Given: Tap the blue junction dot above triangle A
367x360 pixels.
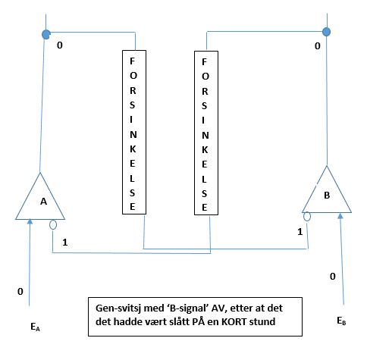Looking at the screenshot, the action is pos(46,34).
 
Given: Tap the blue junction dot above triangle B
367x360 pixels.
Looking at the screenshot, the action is pos(327,32).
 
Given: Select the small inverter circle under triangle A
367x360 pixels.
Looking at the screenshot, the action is pos(53,224).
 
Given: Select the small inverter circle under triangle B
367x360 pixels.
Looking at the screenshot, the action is pos(307,217).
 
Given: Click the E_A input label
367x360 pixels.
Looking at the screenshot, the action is pos(35,327).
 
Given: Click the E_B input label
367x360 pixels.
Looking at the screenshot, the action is pos(341,321).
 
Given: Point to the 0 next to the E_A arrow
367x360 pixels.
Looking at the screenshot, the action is pos(20,292).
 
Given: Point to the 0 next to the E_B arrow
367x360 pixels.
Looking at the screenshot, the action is pos(333,277).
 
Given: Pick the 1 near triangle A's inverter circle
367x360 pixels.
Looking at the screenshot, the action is pos(65,243).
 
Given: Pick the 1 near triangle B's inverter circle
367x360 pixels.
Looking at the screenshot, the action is pos(300,232).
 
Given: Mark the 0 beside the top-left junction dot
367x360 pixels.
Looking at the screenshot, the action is pos(60,45).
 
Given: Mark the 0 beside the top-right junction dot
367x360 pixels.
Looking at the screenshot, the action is pos(318,46).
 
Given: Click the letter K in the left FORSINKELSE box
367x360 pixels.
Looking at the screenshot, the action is pos(133,149).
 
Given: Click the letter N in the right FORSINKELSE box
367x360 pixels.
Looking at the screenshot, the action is pos(205,136).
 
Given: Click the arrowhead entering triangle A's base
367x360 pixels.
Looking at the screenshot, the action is pos(30,221).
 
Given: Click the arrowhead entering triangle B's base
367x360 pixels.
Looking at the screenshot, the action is pos(340,216).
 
